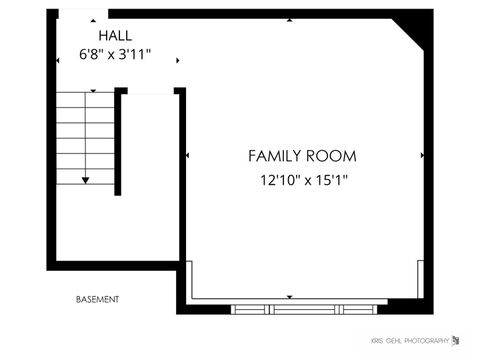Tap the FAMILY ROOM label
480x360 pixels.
pos(302,156)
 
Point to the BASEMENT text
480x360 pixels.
pos(98,299)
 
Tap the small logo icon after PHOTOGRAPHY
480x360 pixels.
pos(457,341)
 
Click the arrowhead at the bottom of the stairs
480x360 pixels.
pos(86,179)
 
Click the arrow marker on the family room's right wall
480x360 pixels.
pos(423,156)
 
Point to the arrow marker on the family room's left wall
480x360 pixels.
pos(188,156)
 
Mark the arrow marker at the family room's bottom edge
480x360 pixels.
pos(290,297)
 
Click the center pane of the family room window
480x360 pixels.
pos(303,309)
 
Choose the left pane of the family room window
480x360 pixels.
pos(251,309)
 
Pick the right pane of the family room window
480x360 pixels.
pos(355,309)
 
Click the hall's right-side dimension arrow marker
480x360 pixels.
pos(178,60)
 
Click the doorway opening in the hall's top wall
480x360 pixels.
pos(83,14)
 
